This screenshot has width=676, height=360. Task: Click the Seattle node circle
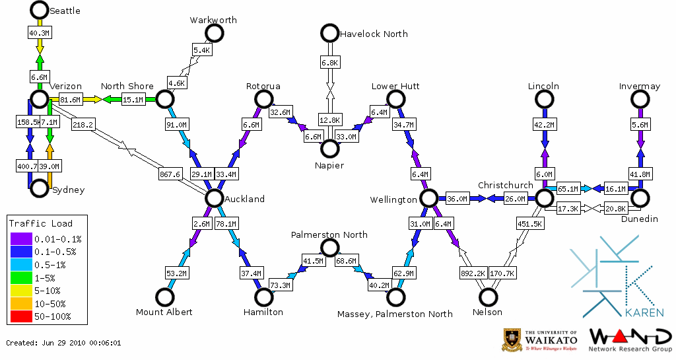click(x=40, y=10)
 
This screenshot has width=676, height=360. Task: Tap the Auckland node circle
click(x=214, y=198)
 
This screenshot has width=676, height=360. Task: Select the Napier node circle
click(x=329, y=149)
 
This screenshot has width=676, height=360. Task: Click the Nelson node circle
click(x=489, y=297)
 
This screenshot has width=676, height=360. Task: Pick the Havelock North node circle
click(x=329, y=33)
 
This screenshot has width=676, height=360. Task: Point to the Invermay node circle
click(x=640, y=99)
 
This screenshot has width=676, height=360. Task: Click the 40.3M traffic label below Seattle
click(x=39, y=32)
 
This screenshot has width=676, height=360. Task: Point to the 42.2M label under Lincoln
click(x=544, y=124)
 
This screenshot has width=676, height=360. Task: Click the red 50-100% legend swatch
click(x=20, y=317)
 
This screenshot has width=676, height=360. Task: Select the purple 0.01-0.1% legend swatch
click(x=20, y=239)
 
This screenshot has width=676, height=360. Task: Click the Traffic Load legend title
click(x=41, y=223)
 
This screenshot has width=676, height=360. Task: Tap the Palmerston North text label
click(x=329, y=234)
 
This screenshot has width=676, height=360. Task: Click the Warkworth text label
click(x=213, y=20)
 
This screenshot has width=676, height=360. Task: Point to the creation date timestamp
click(x=63, y=343)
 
